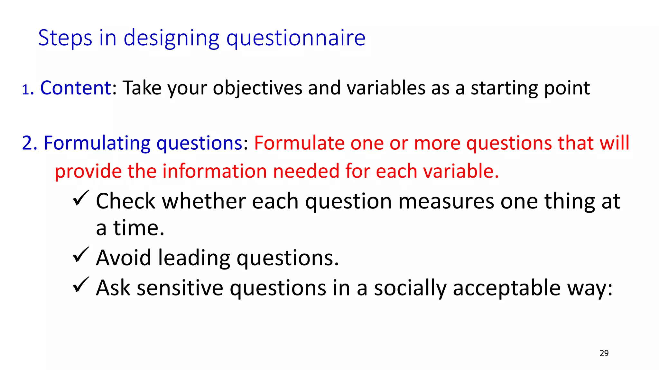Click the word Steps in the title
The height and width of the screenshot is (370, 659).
click(x=65, y=38)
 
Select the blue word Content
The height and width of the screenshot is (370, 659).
click(x=76, y=88)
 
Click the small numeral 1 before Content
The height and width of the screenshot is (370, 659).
click(x=25, y=90)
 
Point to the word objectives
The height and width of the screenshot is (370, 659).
click(x=257, y=88)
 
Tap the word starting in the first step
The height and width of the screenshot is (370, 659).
click(x=504, y=88)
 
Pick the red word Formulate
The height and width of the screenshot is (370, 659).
click(x=299, y=143)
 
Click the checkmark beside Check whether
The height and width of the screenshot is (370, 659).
click(x=80, y=198)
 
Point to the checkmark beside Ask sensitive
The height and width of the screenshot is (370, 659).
click(x=80, y=285)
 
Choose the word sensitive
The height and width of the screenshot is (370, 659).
click(x=180, y=288)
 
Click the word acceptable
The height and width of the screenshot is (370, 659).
click(x=506, y=288)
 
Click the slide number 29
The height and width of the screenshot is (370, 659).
click(x=604, y=353)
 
